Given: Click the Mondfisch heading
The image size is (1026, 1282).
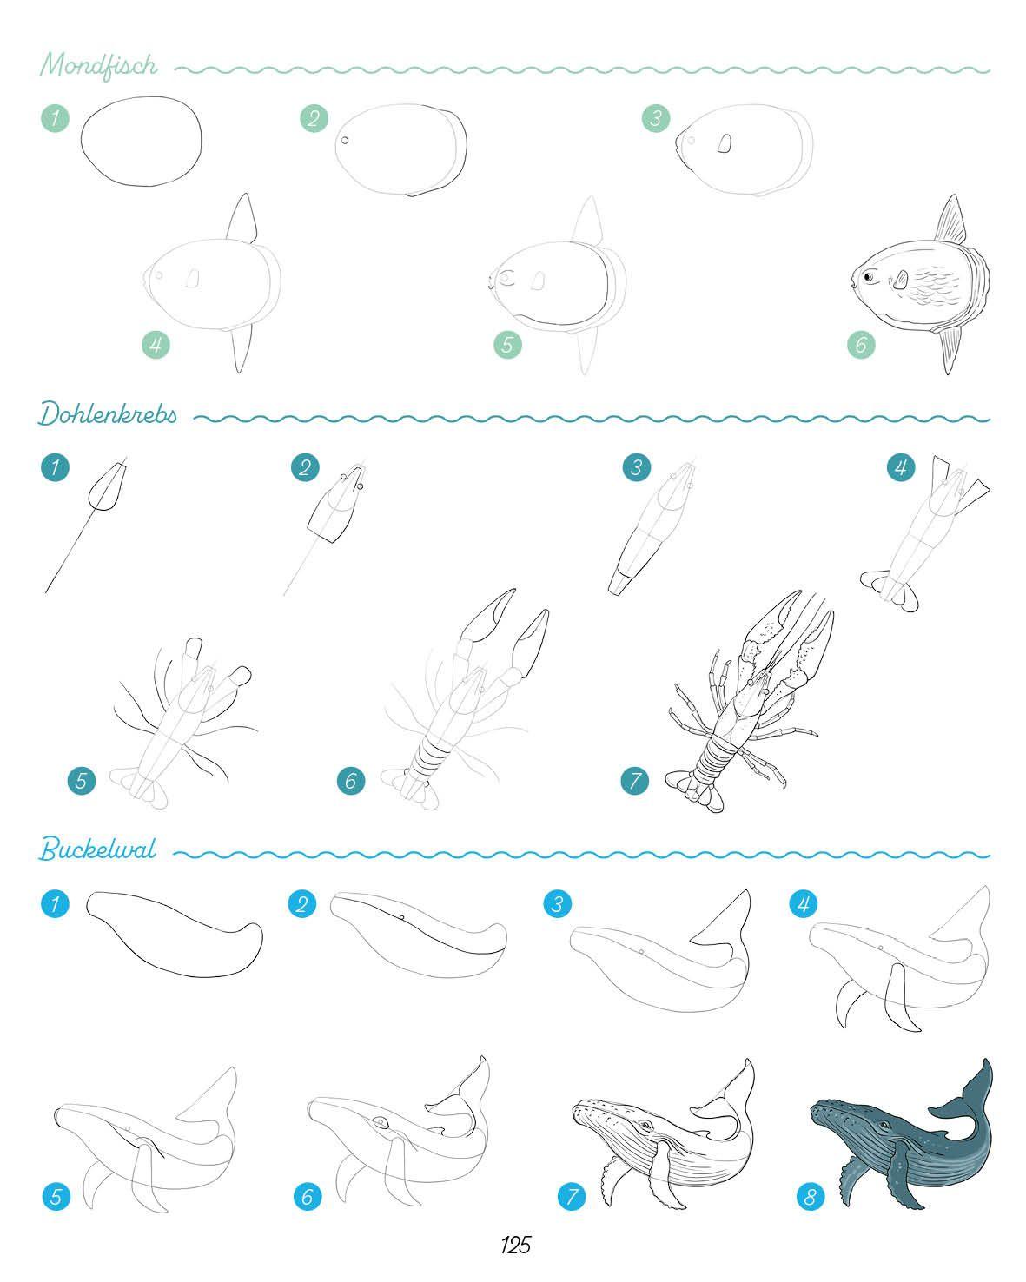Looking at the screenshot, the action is tap(99, 65).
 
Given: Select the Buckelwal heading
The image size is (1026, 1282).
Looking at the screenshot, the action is tap(97, 849).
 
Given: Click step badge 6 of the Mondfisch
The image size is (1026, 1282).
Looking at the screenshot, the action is tap(861, 344).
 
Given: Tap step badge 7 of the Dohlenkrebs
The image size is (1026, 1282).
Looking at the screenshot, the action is tap(634, 780).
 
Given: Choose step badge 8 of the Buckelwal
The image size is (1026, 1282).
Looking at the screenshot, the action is tap(811, 1196).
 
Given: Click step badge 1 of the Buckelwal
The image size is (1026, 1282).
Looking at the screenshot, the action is tap(55, 903).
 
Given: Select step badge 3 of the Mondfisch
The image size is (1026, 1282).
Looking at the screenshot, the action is tap(656, 117).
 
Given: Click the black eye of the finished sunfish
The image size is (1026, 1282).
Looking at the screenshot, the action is tap(868, 277).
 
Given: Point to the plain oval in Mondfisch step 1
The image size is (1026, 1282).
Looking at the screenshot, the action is tap(142, 142).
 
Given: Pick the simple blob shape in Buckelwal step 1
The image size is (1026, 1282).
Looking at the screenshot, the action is tap(174, 934).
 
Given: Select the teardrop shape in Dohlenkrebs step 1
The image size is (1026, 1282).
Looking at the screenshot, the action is tap(107, 488).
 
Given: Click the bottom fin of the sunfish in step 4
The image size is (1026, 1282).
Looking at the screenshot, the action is tap(241, 349).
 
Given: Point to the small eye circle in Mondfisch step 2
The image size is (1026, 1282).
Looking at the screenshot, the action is tap(345, 141).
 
